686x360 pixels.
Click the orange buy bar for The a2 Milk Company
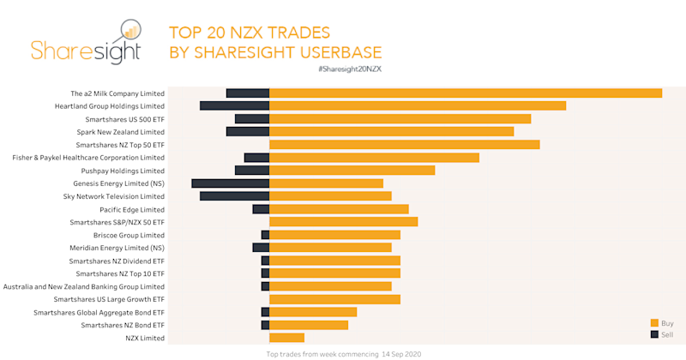click(466, 93)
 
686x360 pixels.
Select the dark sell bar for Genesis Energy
click(231, 183)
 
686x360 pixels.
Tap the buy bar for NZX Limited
click(286, 338)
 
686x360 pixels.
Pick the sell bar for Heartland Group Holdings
click(235, 106)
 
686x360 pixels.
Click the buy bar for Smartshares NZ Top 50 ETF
click(405, 145)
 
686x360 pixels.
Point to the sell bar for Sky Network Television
click(235, 196)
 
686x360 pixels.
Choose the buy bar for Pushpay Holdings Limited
click(352, 171)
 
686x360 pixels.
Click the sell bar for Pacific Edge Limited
click(261, 209)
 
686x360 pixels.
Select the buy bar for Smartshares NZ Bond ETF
click(309, 325)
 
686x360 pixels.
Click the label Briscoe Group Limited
click(129, 235)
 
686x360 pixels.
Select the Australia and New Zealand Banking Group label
click(84, 286)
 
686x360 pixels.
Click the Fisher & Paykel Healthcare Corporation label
click(88, 158)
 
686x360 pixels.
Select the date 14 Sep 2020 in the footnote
click(402, 353)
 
